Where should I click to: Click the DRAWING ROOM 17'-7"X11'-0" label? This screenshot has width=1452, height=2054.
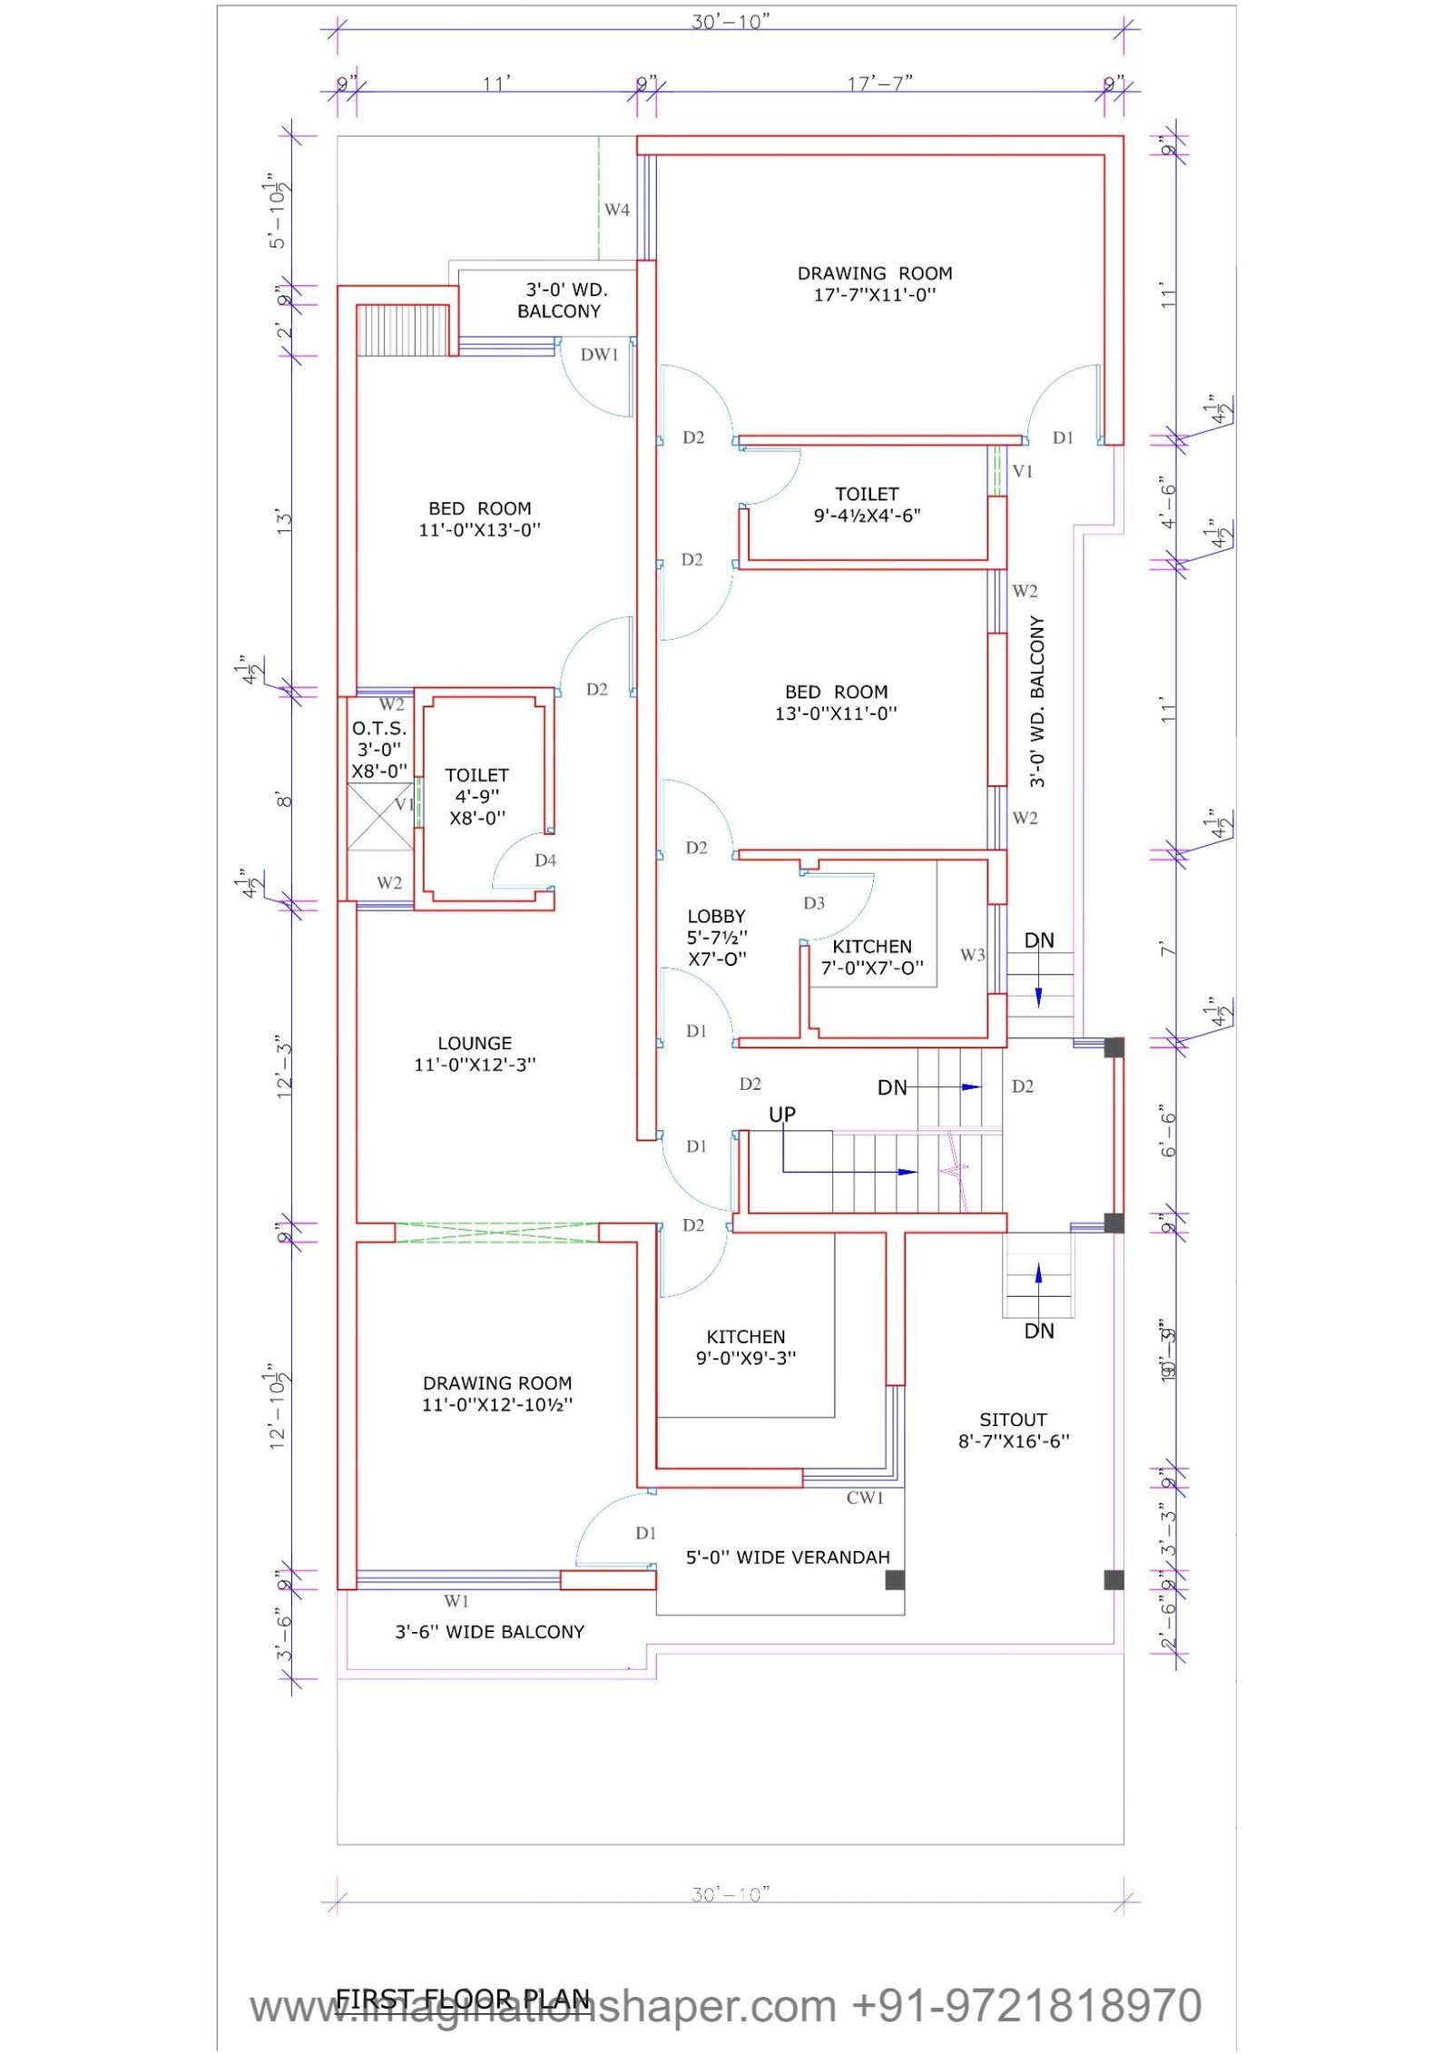pyautogui.click(x=874, y=283)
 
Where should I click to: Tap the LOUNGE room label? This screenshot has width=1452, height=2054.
pyautogui.click(x=475, y=1053)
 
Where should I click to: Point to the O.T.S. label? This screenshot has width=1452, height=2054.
pyautogui.click(x=379, y=729)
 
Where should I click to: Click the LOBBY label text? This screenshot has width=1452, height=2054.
pyautogui.click(x=716, y=917)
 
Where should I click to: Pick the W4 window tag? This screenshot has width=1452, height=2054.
pyautogui.click(x=616, y=210)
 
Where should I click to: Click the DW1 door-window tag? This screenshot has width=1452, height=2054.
pyautogui.click(x=599, y=355)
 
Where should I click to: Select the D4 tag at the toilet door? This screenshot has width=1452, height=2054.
pyautogui.click(x=544, y=860)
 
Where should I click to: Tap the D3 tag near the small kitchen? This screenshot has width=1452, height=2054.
pyautogui.click(x=813, y=903)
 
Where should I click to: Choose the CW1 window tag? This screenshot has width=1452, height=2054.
pyautogui.click(x=864, y=1499)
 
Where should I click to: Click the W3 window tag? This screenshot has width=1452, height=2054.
pyautogui.click(x=972, y=955)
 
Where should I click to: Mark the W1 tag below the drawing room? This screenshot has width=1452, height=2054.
pyautogui.click(x=456, y=1601)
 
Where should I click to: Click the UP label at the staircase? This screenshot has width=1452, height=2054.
pyautogui.click(x=781, y=1114)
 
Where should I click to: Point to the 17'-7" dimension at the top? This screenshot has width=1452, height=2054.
pyautogui.click(x=878, y=84)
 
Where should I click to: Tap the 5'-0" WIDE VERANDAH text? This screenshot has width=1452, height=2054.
pyautogui.click(x=787, y=1558)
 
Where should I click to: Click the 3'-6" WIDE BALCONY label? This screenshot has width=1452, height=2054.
pyautogui.click(x=489, y=1632)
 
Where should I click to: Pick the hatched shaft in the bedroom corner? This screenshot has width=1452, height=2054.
pyautogui.click(x=403, y=330)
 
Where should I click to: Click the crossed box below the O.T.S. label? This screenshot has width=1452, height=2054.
pyautogui.click(x=380, y=817)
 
